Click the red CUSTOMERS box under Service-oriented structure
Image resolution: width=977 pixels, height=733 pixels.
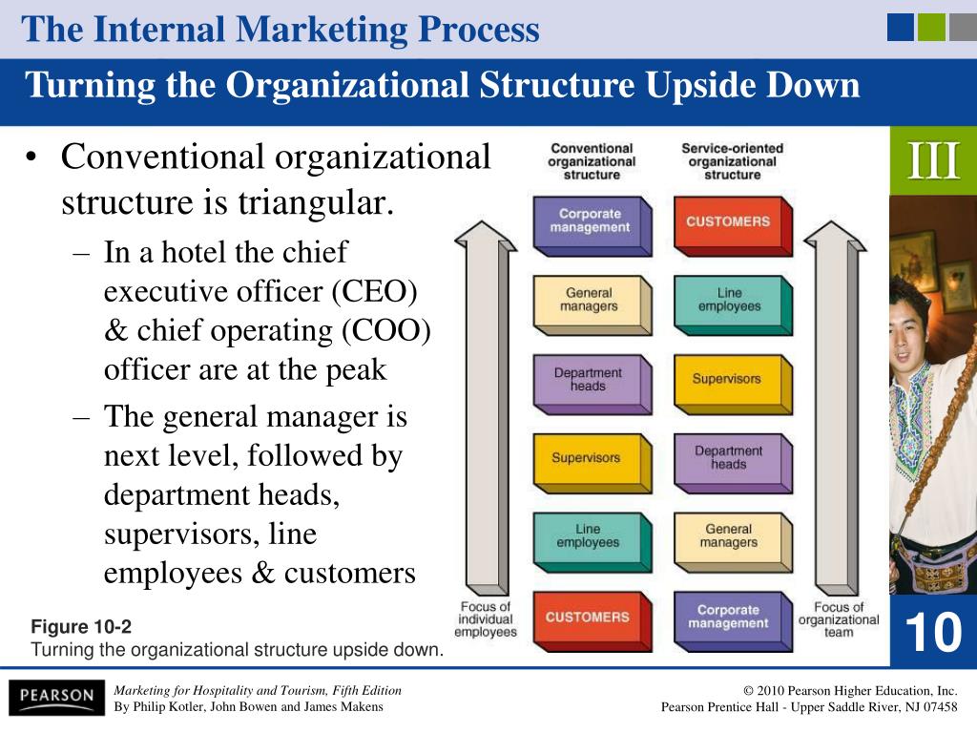pyautogui.click(x=734, y=226)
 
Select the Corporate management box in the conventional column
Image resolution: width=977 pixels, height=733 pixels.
pyautogui.click(x=592, y=226)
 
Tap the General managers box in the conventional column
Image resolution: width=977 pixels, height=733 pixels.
pyautogui.click(x=592, y=305)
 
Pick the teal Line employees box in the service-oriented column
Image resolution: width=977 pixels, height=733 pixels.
pyautogui.click(x=734, y=305)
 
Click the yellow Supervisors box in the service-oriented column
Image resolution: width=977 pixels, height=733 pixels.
pyautogui.click(x=734, y=385)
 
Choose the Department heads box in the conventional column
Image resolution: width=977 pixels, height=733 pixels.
pyautogui.click(x=592, y=385)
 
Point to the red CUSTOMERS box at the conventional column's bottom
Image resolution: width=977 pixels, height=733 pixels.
pyautogui.click(x=592, y=622)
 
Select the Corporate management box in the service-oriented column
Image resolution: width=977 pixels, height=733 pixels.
pyautogui.click(x=734, y=622)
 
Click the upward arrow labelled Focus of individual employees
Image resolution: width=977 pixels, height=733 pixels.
pyautogui.click(x=486, y=408)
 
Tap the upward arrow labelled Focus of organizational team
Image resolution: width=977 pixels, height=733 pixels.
pyautogui.click(x=835, y=408)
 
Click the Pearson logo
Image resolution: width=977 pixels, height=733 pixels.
pyautogui.click(x=56, y=697)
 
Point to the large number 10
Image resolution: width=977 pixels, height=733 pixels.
pyautogui.click(x=933, y=632)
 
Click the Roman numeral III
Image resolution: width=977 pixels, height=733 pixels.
pyautogui.click(x=933, y=160)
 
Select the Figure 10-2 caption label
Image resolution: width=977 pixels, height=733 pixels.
pyautogui.click(x=81, y=626)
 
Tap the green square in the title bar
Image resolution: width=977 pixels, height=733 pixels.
pyautogui.click(x=931, y=28)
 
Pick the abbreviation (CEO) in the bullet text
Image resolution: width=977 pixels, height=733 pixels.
pyautogui.click(x=374, y=291)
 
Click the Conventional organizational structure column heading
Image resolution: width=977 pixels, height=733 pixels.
pyautogui.click(x=592, y=161)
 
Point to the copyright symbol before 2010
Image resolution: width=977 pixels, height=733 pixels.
pyautogui.click(x=748, y=691)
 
